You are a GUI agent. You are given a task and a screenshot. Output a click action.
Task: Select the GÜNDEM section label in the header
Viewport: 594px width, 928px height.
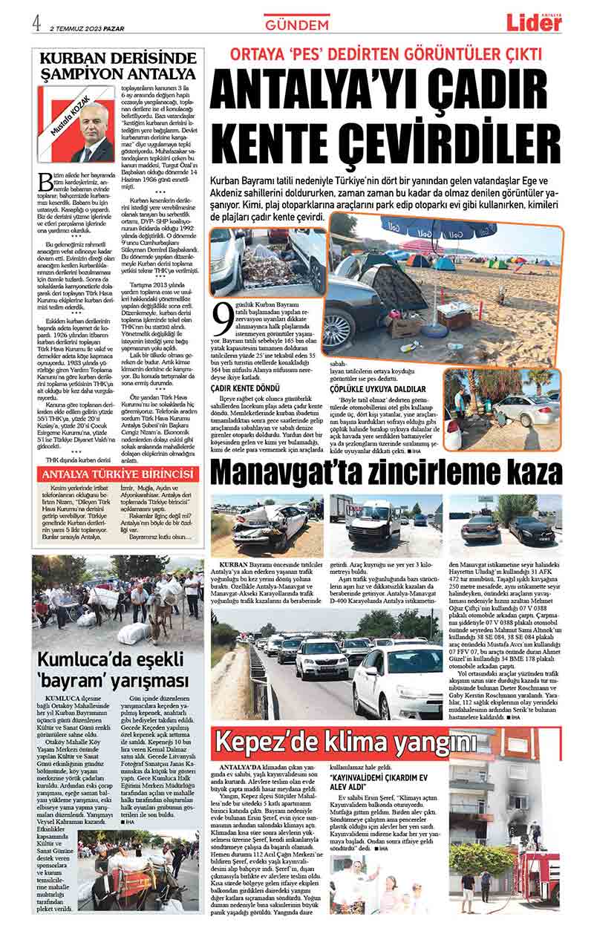click(x=296, y=24)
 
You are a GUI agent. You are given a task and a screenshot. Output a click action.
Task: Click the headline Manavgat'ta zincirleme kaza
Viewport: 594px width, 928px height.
click(x=386, y=473)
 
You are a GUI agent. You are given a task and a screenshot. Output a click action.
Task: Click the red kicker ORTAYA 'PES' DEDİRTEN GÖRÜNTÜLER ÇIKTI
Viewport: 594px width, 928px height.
click(x=386, y=54)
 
